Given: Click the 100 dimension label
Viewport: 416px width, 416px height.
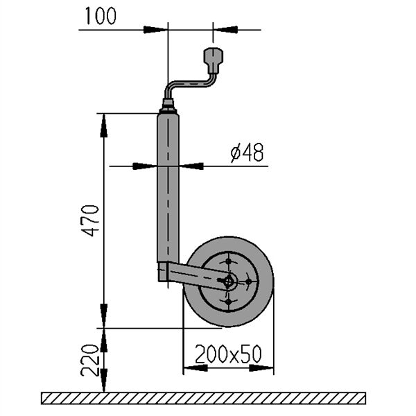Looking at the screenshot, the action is [101, 16].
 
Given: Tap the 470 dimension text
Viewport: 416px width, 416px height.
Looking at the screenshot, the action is [90, 220].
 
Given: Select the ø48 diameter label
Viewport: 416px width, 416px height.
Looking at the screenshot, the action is [248, 153].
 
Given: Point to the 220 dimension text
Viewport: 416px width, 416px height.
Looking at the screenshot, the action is [89, 361].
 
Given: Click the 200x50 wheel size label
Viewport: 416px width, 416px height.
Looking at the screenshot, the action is [228, 354].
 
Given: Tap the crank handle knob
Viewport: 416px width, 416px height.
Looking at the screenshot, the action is [213, 61].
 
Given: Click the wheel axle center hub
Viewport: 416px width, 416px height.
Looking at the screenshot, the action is [228, 281].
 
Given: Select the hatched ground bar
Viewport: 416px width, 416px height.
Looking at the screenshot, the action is [203, 398].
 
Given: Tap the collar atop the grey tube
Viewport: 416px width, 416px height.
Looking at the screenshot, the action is [168, 106].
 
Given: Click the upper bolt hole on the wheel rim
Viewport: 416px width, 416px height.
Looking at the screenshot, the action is [228, 261].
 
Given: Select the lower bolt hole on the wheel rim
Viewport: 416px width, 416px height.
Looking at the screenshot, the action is [228, 302].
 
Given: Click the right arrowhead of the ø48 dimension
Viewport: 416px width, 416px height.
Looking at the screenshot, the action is [191, 166].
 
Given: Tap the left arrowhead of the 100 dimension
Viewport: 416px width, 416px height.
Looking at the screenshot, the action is [156, 30].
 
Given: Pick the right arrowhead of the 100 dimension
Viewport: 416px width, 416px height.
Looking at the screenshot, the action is [225, 30].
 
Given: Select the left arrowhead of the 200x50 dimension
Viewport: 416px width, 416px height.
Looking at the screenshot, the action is [196, 368].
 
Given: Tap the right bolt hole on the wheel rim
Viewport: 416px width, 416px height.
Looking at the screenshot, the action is [248, 281].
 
